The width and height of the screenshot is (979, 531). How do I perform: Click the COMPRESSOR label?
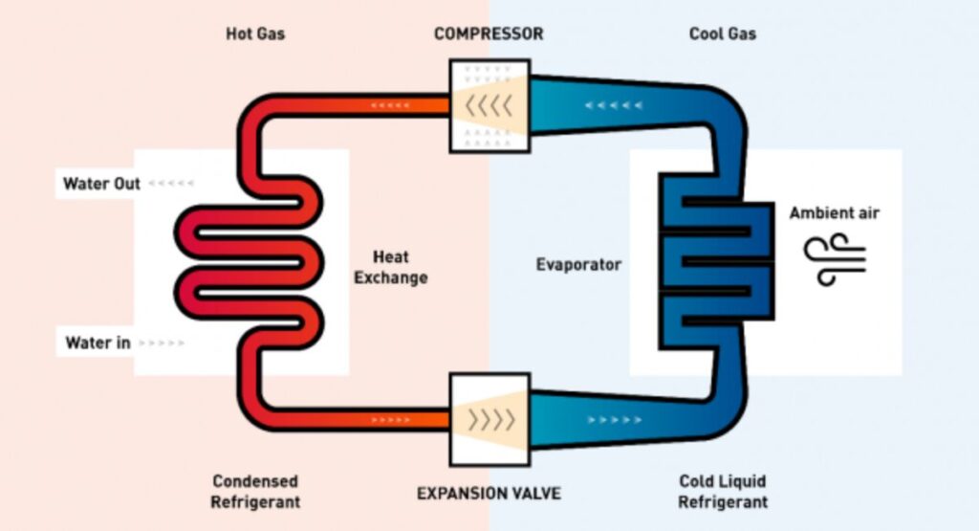coord(488,33)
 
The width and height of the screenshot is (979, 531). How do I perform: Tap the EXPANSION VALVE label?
coord(489,494)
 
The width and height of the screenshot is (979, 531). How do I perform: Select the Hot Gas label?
coord(255,33)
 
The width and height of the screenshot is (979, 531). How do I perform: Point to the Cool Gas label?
coord(722,33)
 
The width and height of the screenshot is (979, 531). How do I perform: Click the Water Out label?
coord(101,183)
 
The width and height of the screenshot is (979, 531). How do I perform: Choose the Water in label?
coord(98,342)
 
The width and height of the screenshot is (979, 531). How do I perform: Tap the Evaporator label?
coord(578,264)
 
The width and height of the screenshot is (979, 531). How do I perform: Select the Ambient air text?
coord(834,212)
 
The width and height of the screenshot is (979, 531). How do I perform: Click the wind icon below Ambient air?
coord(834,259)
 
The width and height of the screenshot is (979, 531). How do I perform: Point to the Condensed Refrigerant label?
coord(255,491)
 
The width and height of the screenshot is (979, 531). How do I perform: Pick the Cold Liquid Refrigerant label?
coord(723,491)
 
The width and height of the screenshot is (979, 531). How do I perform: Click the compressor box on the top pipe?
coord(489,106)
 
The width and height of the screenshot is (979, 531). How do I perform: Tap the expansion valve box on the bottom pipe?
coord(489,418)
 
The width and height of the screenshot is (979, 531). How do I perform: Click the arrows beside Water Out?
coord(172,183)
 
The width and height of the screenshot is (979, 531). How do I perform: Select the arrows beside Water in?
coord(163,342)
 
